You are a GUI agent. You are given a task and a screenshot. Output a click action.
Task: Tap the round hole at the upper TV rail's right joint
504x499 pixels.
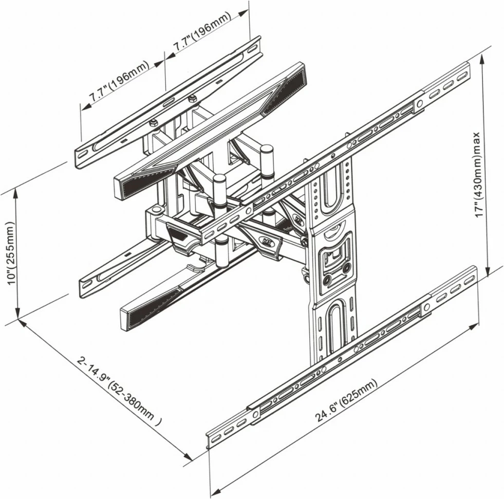(x=420, y=104)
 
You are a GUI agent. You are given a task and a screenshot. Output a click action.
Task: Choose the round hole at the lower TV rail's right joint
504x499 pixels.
(x=426, y=307)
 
